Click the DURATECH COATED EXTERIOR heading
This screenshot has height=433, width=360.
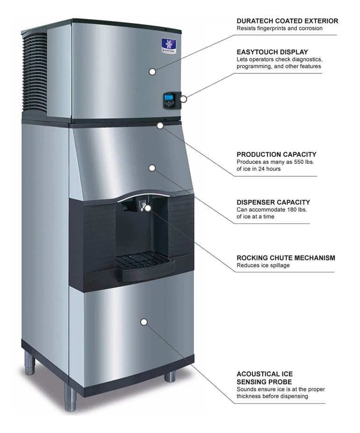pyautogui.click(x=287, y=21)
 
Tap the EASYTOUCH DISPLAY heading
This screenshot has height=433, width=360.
pyautogui.click(x=272, y=52)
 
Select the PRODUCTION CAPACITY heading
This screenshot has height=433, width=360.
pyautogui.click(x=276, y=154)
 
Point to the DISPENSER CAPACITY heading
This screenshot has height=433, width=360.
pyautogui.click(x=273, y=202)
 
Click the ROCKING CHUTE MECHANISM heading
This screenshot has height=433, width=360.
pyautogui.click(x=286, y=258)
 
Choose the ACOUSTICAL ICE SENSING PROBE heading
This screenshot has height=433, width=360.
pyautogui.click(x=265, y=378)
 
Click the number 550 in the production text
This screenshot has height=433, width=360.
pyautogui.click(x=298, y=162)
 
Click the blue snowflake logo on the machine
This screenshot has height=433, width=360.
pyautogui.click(x=169, y=45)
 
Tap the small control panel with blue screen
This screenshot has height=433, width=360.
pyautogui.click(x=169, y=99)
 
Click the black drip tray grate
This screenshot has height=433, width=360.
pyautogui.click(x=144, y=261)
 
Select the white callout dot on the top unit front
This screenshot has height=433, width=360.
pyautogui.click(x=152, y=72)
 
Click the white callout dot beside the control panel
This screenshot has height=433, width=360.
pyautogui.click(x=184, y=99)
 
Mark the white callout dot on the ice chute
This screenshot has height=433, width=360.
pyautogui.click(x=148, y=208)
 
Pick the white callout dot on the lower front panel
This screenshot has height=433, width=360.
pyautogui.click(x=144, y=322)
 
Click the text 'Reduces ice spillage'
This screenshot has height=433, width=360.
pyautogui.click(x=263, y=265)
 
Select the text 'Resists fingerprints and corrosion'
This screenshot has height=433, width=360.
pyautogui.click(x=280, y=28)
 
